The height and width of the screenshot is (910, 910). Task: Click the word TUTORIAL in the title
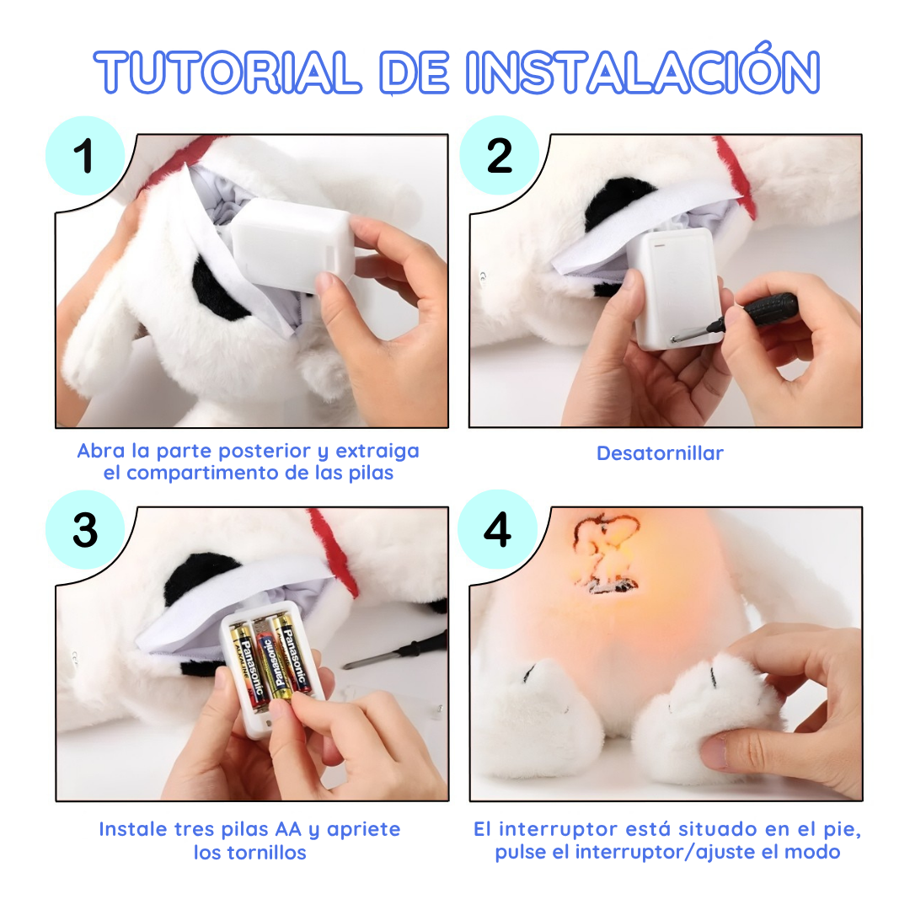click(227, 72)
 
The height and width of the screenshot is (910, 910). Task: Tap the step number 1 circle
click(83, 157)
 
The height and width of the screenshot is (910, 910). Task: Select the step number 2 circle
click(499, 156)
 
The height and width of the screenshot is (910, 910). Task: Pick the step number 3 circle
click(84, 530)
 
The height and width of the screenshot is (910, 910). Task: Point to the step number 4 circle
click(497, 530)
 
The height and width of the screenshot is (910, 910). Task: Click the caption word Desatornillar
click(660, 453)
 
